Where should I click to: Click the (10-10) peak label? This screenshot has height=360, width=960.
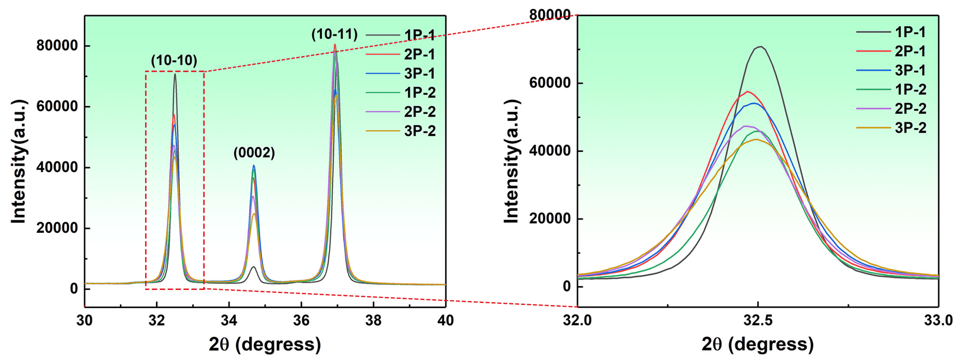click(x=174, y=60)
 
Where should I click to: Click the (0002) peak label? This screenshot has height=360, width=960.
click(x=254, y=153)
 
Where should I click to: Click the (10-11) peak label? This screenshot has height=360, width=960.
click(x=334, y=34)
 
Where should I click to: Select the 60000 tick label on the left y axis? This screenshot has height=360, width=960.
click(x=57, y=106)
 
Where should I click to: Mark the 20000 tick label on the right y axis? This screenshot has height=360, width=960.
click(x=550, y=219)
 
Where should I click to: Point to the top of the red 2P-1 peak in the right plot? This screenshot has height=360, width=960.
click(x=747, y=91)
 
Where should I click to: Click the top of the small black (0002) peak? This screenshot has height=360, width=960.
click(x=254, y=267)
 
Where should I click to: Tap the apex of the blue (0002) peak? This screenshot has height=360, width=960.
click(x=254, y=165)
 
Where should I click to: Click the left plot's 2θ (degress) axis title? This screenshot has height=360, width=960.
click(x=265, y=344)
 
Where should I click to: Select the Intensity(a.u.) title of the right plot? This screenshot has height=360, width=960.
click(x=511, y=161)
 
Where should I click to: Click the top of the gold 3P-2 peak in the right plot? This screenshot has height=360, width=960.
click(x=756, y=139)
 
